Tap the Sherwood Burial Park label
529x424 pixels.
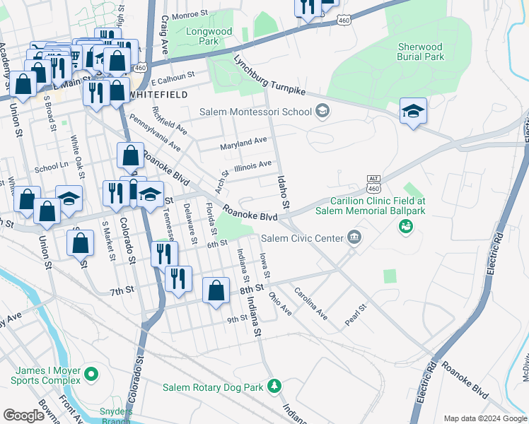click(x=420, y=52)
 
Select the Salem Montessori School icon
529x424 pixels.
click(x=322, y=110)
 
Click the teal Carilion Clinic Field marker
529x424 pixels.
click(x=405, y=226)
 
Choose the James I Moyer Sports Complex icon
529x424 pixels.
click(x=91, y=373)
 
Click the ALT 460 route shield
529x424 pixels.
click(x=374, y=184)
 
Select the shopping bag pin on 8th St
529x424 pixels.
click(x=216, y=290)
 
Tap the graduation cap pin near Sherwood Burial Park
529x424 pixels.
click(x=413, y=112)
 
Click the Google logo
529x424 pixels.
click(x=24, y=415)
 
